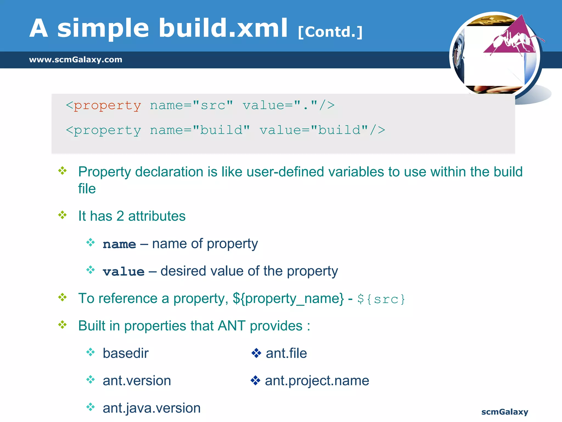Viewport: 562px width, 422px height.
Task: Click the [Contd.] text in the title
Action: point(330,32)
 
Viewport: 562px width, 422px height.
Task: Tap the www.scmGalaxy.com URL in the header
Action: point(75,60)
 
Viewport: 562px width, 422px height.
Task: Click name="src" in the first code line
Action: point(191,105)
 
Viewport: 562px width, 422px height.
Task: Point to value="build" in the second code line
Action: point(314,130)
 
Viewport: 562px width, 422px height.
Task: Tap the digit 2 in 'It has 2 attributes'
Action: point(120,216)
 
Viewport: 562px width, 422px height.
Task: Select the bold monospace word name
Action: point(119,244)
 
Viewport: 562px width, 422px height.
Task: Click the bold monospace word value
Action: point(123,272)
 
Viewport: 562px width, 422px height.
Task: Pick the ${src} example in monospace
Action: point(381,299)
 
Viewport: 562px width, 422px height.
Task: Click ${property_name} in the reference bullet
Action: point(288,299)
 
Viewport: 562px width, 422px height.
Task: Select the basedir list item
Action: point(125,353)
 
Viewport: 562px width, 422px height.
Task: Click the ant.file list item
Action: point(286,353)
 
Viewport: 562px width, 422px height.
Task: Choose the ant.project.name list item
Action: point(317,381)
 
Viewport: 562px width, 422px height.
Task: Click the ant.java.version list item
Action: point(151,408)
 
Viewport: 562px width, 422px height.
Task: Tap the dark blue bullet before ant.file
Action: point(256,353)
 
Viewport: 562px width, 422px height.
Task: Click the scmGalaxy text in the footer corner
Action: point(504,412)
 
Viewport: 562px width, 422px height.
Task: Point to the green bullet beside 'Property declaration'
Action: point(63,171)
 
